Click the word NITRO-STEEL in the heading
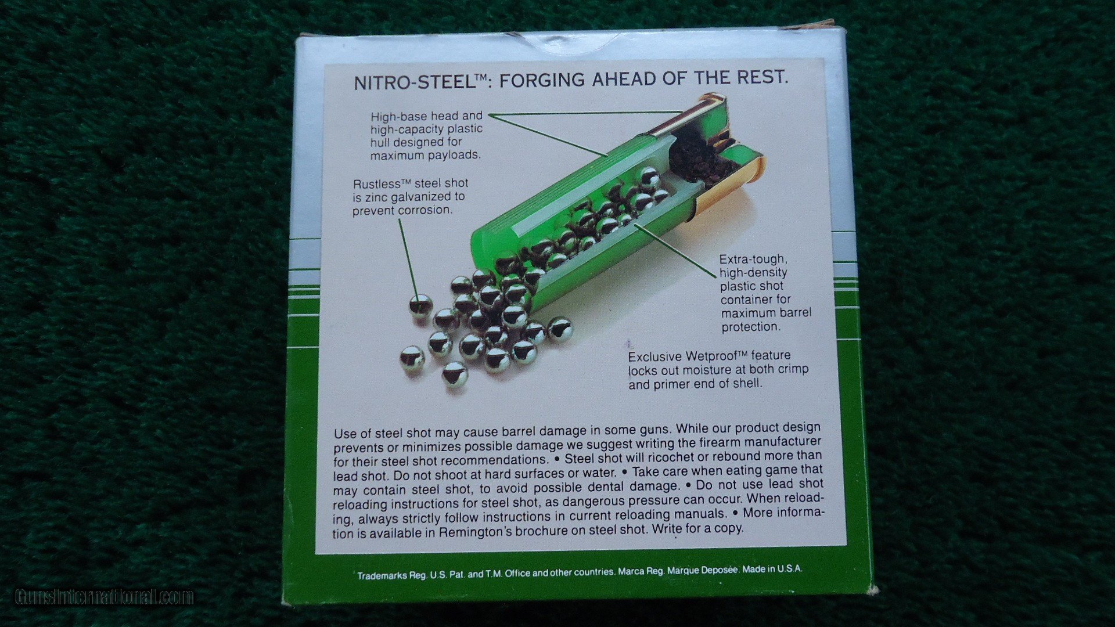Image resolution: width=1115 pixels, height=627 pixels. [414, 82]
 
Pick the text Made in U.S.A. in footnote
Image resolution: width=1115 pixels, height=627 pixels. [772, 570]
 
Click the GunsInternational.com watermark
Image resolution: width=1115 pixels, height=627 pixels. [104, 597]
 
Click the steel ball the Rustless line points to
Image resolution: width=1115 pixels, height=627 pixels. [420, 305]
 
